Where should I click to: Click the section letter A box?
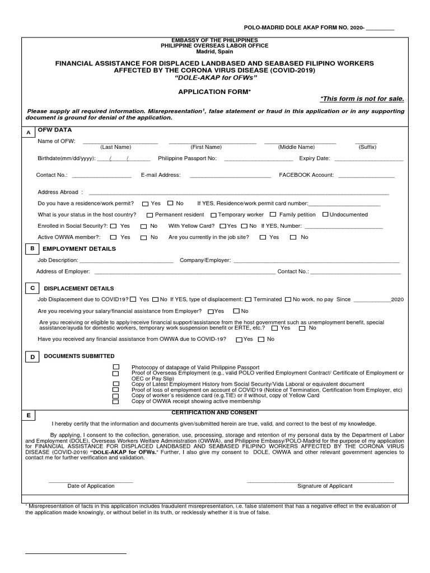tap(28, 132)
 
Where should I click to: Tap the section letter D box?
tap(32, 356)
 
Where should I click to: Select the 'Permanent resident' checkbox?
tap(150, 215)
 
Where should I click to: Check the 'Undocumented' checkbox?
tap(325, 214)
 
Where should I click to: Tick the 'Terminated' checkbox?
tap(248, 299)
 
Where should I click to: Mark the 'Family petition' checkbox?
tap(273, 214)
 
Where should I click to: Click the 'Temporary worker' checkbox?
tap(213, 215)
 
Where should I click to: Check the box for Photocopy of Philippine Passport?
tap(116, 367)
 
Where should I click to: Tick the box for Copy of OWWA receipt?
tap(116, 401)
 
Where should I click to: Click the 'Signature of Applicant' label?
tap(325, 486)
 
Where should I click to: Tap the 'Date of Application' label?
tap(91, 486)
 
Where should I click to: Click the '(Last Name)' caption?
tap(116, 147)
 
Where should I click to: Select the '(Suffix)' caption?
tap(367, 147)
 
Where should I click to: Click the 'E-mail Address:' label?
tap(161, 175)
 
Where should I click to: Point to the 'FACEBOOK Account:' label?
tap(306, 175)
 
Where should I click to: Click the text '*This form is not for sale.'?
tap(362, 99)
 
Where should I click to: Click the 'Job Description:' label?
tap(58, 260)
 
